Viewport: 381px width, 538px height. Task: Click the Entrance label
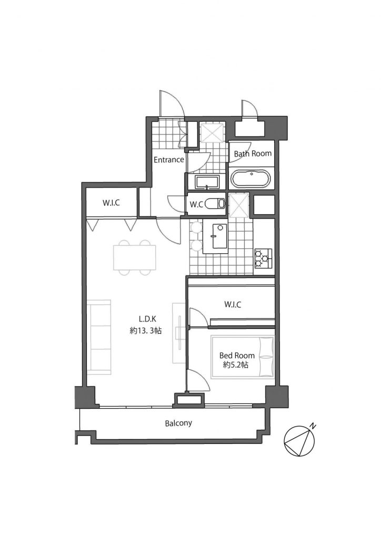pos(169,160)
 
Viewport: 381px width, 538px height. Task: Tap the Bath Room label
pos(253,153)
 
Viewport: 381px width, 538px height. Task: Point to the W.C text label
pos(196,204)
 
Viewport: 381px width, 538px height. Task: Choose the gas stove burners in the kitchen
pos(263,258)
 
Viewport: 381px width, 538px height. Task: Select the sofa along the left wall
pos(99,337)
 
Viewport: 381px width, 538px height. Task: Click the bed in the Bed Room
pos(243,357)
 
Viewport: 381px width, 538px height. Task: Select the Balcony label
pos(178,423)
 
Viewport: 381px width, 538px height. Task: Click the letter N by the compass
pos(312,426)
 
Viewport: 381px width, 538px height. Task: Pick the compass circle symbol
pos(299,441)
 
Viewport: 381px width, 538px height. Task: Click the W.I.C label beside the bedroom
pos(233,304)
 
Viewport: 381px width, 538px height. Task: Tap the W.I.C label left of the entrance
pos(112,202)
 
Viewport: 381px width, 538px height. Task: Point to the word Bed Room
pos(237,356)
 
